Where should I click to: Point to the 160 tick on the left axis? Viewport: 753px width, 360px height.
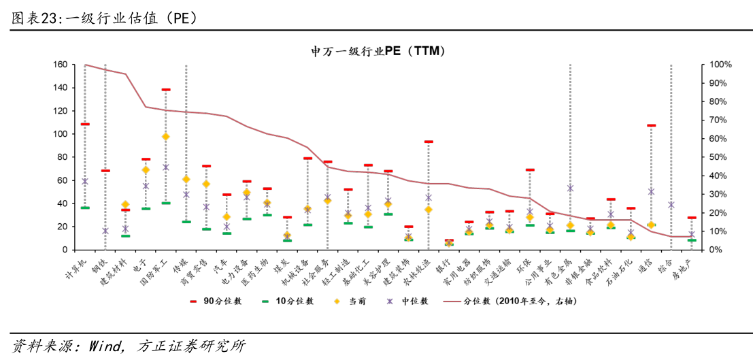59,65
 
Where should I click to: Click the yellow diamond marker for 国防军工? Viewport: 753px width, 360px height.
165,136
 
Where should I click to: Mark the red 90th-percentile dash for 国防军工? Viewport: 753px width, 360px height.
165,89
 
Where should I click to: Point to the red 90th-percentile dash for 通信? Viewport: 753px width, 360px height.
651,125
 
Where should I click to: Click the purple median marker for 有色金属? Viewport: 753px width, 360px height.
570,189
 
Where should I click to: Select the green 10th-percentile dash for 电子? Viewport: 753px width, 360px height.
146,208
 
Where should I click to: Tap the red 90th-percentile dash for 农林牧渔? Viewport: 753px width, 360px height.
429,142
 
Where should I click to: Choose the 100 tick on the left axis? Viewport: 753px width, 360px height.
59,134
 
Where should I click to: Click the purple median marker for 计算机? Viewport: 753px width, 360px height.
85,181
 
